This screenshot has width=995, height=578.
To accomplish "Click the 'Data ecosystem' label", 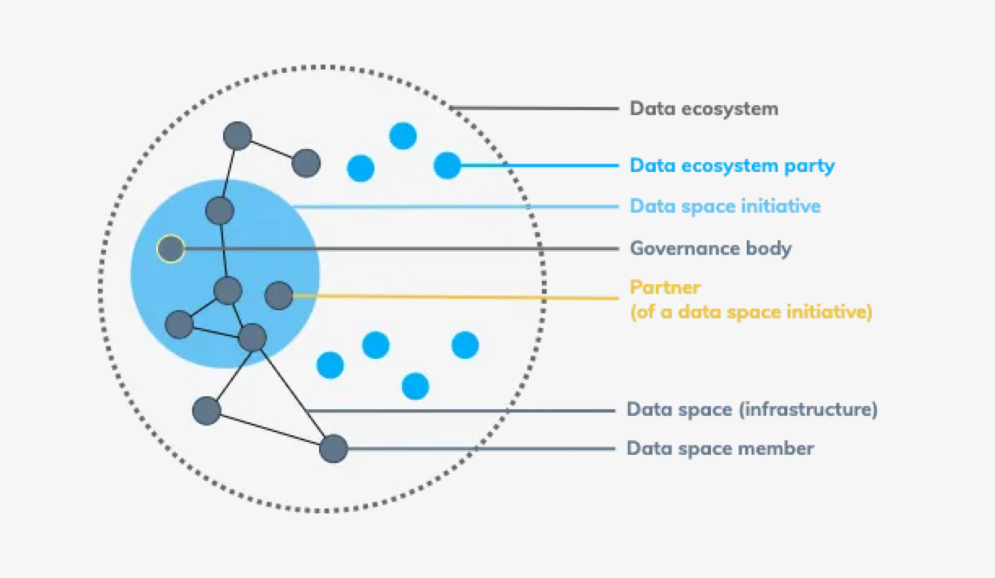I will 704,109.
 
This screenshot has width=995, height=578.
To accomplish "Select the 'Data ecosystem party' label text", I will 732,166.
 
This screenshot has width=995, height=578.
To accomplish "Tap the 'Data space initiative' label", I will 725,206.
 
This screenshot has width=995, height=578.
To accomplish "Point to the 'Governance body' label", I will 710,248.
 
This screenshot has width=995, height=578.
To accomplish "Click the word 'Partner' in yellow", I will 665,287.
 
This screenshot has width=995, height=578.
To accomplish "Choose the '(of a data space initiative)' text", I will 751,312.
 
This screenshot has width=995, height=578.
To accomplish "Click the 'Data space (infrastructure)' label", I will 752,410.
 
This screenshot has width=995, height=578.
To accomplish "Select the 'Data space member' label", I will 720,448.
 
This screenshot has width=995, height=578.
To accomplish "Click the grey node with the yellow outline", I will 171,249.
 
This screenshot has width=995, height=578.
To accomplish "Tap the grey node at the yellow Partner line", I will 279,296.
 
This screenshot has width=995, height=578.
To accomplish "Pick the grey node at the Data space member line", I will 333,448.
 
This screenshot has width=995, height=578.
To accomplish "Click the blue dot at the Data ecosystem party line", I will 447,165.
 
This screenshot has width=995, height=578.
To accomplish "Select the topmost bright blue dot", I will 403,136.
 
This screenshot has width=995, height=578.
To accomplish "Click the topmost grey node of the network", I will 237,136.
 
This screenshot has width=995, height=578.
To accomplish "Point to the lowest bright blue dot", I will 415,386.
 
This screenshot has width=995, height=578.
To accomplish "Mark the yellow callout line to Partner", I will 456,297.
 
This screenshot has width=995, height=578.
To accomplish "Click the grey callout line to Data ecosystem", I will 533,108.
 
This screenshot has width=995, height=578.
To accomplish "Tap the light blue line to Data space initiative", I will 456,207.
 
